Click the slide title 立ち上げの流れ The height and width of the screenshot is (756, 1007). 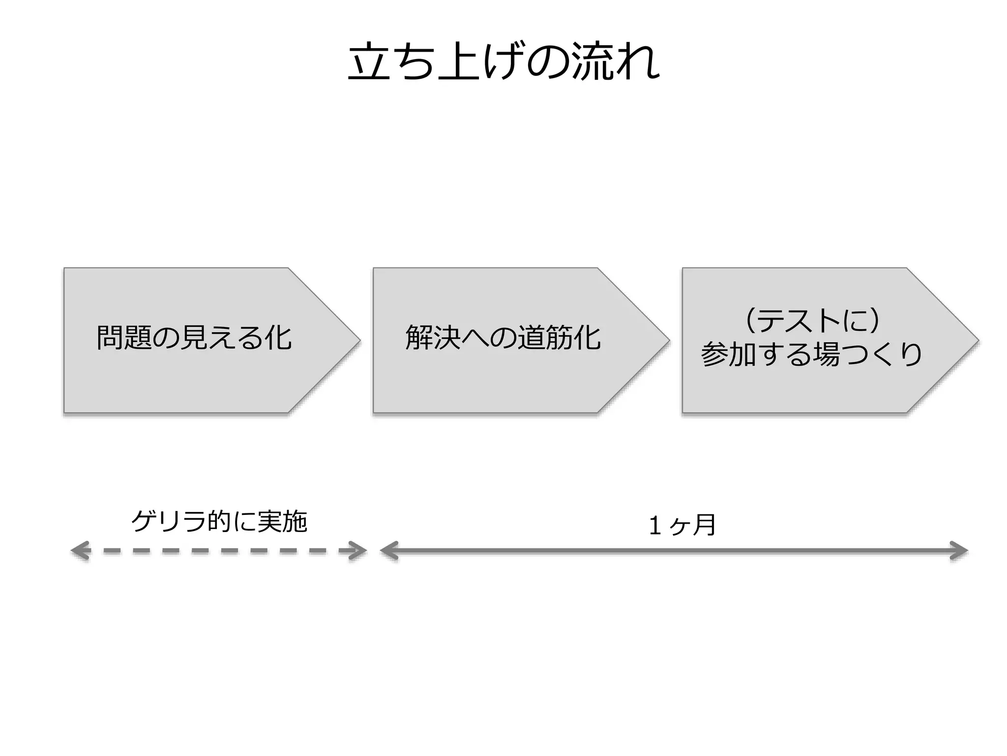point(503,63)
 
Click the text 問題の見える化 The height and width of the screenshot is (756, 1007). point(194,338)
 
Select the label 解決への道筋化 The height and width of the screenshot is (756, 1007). point(503,338)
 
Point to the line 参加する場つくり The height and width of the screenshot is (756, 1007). point(811,354)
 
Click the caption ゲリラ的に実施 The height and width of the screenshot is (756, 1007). point(219,522)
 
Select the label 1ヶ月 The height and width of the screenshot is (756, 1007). point(682,525)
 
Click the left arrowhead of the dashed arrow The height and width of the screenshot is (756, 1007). point(79,551)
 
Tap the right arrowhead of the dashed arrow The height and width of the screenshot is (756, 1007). point(359,551)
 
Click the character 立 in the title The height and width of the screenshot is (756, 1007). point(366,63)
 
